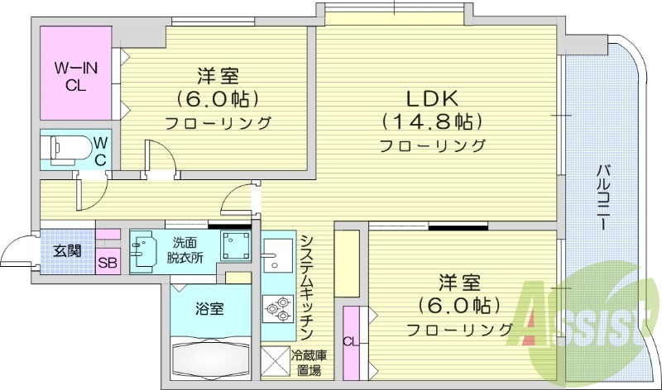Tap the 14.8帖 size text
pyautogui.click(x=431, y=121)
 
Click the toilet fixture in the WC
pyautogui.click(x=69, y=149)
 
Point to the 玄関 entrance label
pyautogui.click(x=67, y=250)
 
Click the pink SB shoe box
pyautogui.click(x=107, y=264)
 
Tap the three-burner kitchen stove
pyautogui.click(x=277, y=309)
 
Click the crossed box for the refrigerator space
pyautogui.click(x=275, y=361)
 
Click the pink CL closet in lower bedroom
pyautogui.click(x=351, y=339)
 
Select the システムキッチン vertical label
pyautogui.click(x=305, y=285)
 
